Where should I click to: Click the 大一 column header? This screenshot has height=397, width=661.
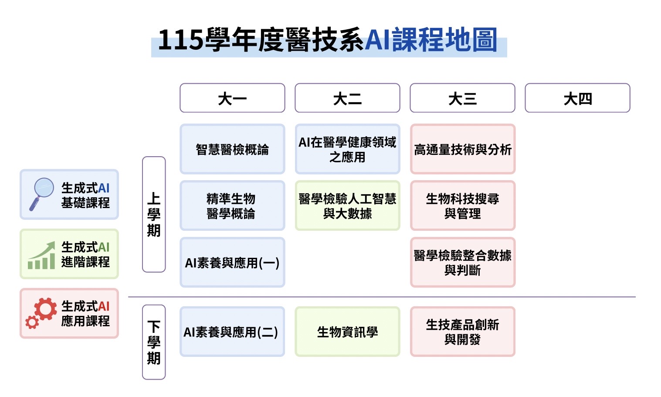pyautogui.click(x=232, y=98)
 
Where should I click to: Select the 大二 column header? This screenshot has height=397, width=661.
pyautogui.click(x=347, y=98)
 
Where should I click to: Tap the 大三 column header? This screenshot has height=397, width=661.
pyautogui.click(x=462, y=98)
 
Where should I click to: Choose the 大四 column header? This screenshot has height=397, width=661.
pyautogui.click(x=577, y=98)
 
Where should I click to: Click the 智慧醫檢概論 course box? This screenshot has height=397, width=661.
pyautogui.click(x=232, y=149)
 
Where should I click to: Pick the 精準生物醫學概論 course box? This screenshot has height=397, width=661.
pyautogui.click(x=232, y=205)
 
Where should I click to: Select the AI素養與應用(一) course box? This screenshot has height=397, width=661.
pyautogui.click(x=232, y=262)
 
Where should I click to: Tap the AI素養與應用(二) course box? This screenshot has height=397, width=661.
pyautogui.click(x=232, y=332)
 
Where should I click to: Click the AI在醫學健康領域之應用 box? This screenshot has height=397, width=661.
pyautogui.click(x=347, y=149)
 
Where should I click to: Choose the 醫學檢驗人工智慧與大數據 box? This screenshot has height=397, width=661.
pyautogui.click(x=347, y=205)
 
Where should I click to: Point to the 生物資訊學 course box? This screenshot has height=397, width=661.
pyautogui.click(x=347, y=332)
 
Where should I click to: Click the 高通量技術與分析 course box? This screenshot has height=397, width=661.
pyautogui.click(x=462, y=149)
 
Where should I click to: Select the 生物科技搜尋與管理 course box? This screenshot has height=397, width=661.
pyautogui.click(x=462, y=205)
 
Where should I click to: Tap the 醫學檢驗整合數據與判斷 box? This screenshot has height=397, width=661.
pyautogui.click(x=462, y=262)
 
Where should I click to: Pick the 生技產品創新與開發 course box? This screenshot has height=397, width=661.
pyautogui.click(x=462, y=332)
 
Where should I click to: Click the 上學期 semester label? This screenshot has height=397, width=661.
pyautogui.click(x=154, y=214)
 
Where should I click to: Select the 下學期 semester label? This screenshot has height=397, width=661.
pyautogui.click(x=154, y=342)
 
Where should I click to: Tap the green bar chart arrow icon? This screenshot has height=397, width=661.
pyautogui.click(x=41, y=255)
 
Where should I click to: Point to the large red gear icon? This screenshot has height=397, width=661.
pyautogui.click(x=45, y=309)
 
